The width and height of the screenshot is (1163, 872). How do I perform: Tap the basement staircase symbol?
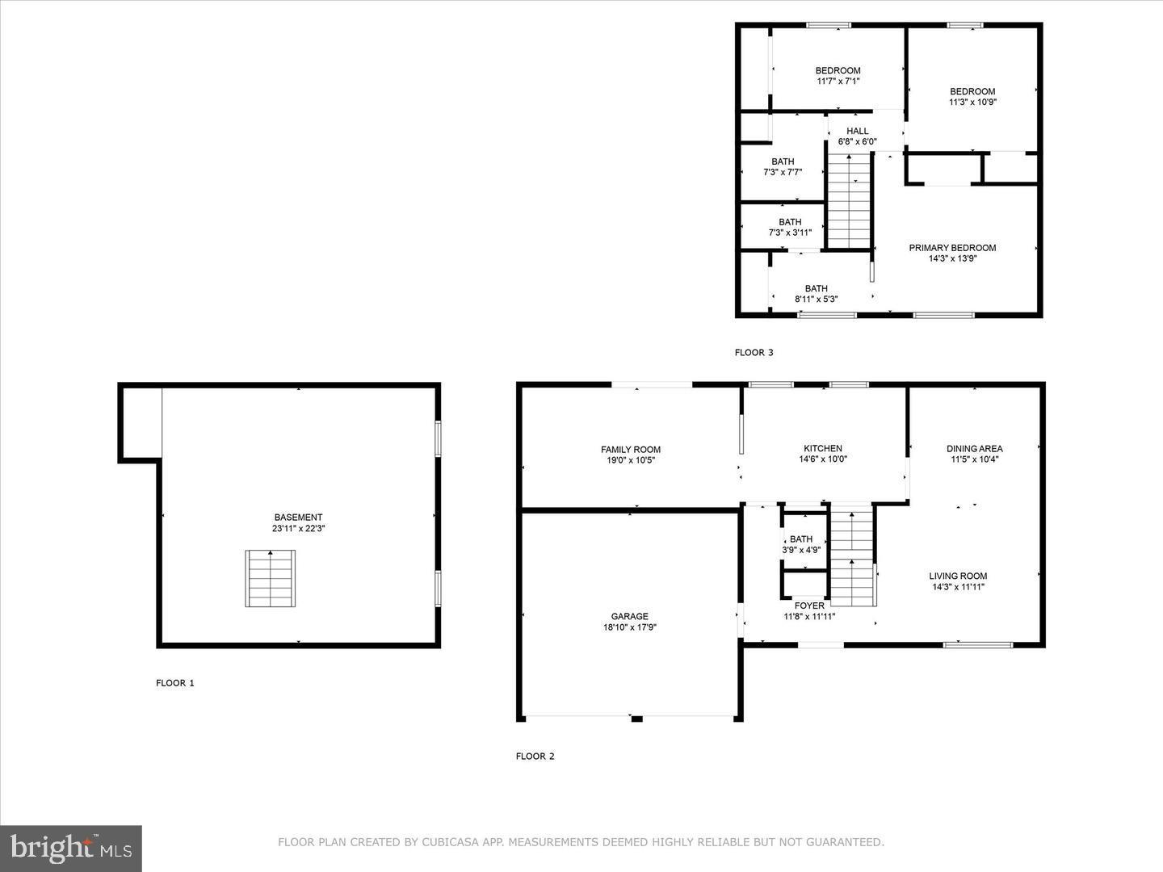[x=271, y=578]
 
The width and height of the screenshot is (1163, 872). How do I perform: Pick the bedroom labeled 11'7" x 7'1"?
[x=838, y=75]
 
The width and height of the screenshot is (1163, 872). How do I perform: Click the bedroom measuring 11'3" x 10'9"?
[x=972, y=96]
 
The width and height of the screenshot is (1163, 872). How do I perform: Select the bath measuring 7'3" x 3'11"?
[x=790, y=227]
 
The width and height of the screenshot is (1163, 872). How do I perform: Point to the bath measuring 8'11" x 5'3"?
[x=816, y=293]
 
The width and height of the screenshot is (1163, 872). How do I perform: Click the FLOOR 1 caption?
[x=174, y=683]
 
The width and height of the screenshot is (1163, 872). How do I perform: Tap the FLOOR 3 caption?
[x=754, y=353]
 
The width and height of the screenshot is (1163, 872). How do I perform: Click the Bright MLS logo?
[x=71, y=848]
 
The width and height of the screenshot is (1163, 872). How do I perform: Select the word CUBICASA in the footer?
[x=447, y=842]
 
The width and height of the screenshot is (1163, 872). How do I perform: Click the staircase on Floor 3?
[x=850, y=202]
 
